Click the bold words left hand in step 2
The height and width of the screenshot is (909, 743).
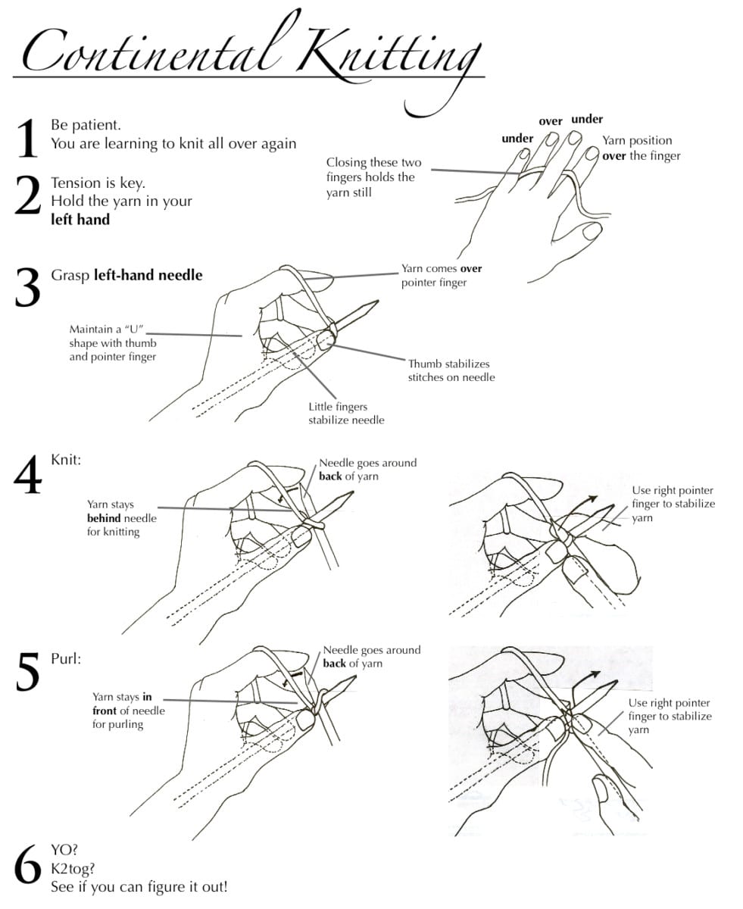pos(80,220)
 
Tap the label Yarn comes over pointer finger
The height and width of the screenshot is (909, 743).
pos(442,276)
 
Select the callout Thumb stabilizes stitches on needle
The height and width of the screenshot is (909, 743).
pos(451,370)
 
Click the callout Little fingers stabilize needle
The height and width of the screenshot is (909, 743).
pos(346,414)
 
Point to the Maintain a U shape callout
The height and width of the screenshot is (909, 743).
pos(113,342)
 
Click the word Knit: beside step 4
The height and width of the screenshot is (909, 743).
pos(66,460)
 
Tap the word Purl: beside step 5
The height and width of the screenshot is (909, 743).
pos(66,658)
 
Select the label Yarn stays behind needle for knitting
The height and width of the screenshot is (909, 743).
pos(122,518)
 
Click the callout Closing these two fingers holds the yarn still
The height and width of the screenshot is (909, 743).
pos(373,177)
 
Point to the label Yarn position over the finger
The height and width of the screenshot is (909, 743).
pos(641,148)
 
